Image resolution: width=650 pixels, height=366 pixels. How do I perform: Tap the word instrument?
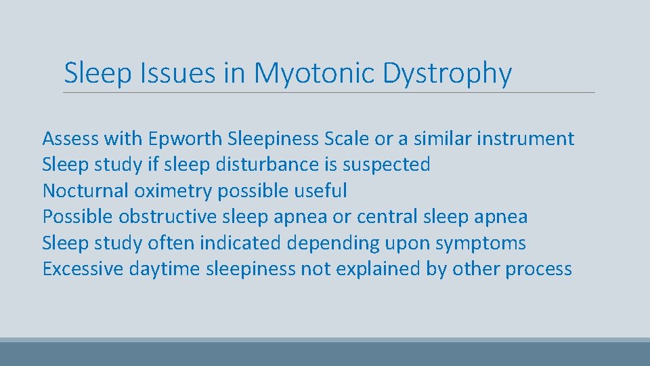525,139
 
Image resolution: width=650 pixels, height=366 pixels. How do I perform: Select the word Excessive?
83,269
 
